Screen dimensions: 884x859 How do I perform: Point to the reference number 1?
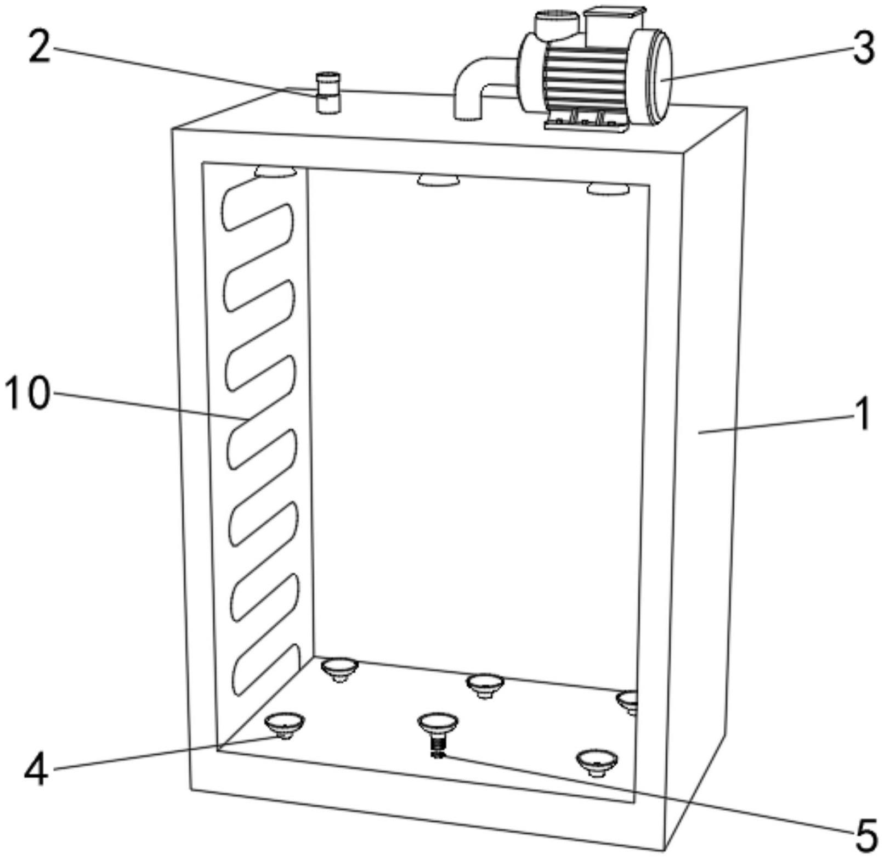(864, 415)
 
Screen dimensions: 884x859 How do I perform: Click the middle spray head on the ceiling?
(438, 180)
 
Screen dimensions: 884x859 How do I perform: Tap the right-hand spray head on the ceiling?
(608, 189)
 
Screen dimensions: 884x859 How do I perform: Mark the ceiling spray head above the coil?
(275, 172)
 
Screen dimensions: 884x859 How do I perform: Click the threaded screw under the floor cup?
(437, 746)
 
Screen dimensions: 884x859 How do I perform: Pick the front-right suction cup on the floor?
(597, 761)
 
